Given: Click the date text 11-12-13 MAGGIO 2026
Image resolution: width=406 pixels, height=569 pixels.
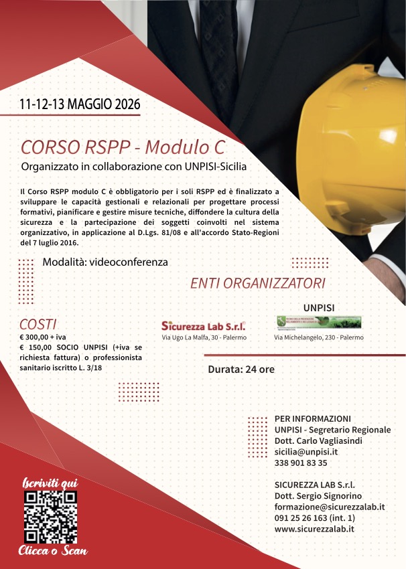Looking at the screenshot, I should tap(80, 104).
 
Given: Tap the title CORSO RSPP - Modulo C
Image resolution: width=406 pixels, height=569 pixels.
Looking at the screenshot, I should tap(123, 146).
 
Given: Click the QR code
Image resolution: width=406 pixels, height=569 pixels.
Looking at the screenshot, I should tap(50, 516).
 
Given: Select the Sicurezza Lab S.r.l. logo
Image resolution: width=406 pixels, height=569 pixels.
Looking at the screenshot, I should tap(204, 325).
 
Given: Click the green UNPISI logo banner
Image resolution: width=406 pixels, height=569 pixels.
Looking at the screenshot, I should tap(319, 323).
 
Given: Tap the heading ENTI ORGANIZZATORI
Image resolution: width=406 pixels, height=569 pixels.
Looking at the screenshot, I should tap(258, 282).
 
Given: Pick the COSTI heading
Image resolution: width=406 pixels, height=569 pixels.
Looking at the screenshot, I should tap(38, 324).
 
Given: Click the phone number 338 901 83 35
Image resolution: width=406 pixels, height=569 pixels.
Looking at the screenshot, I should tap(301, 463).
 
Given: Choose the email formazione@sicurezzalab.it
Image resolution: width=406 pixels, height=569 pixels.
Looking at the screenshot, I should tap(330, 507).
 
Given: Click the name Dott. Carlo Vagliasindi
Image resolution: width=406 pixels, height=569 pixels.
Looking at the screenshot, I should tap(324, 441).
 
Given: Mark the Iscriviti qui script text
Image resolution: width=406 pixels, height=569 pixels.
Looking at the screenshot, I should tap(50, 483).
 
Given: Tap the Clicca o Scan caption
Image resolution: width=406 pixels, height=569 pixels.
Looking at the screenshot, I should tap(52, 551).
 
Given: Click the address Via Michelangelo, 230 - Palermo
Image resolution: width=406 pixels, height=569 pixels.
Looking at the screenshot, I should tap(319, 338).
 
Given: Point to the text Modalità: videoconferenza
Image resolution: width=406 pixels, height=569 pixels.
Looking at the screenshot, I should tap(105, 262).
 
